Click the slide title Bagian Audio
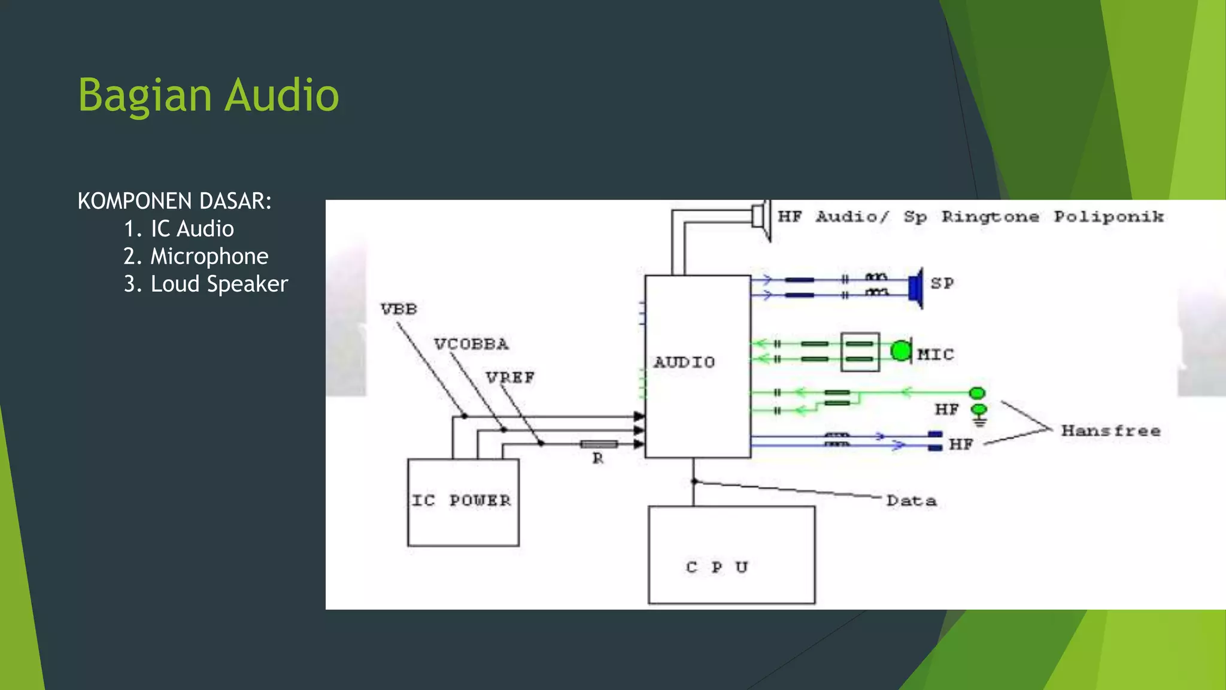click(208, 96)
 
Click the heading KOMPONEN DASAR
click(174, 201)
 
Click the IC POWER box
click(463, 502)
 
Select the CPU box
click(731, 555)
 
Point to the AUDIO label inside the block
click(684, 362)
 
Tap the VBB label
click(399, 309)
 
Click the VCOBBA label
click(471, 344)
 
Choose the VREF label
click(510, 378)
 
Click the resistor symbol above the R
click(599, 444)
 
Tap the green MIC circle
click(900, 351)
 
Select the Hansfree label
click(1110, 431)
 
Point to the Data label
click(911, 501)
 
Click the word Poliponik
click(1109, 217)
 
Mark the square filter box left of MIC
click(860, 352)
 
